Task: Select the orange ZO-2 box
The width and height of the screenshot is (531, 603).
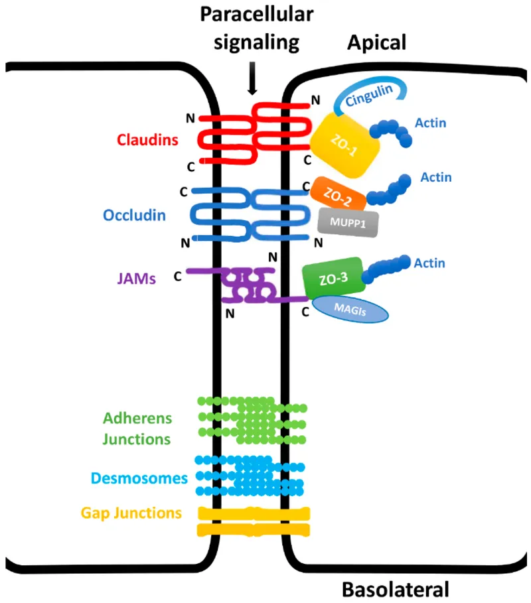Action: pyautogui.click(x=337, y=193)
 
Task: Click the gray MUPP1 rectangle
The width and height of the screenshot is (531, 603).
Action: pyautogui.click(x=348, y=222)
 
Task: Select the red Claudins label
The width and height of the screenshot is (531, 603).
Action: pyautogui.click(x=143, y=140)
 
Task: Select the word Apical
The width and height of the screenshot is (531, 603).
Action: pyautogui.click(x=376, y=43)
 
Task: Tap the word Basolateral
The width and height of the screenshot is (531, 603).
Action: pyautogui.click(x=396, y=588)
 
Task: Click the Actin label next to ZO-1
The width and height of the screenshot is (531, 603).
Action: pyautogui.click(x=430, y=122)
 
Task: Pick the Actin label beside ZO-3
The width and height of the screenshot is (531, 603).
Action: pyautogui.click(x=430, y=263)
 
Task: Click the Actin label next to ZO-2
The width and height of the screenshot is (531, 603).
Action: pyautogui.click(x=435, y=177)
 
